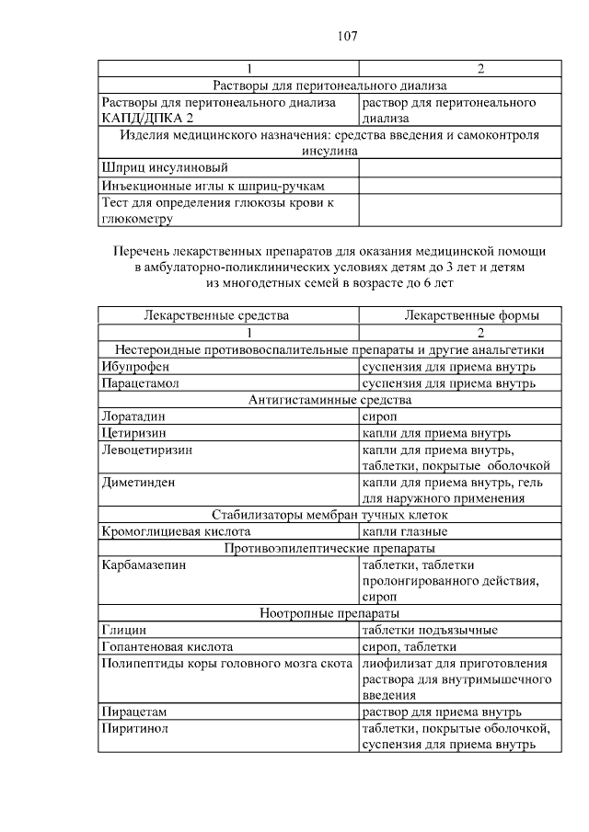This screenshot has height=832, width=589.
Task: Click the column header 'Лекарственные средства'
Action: [216, 315]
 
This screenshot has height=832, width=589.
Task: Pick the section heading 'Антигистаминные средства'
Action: [330, 399]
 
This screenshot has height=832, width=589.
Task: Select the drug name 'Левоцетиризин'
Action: [147, 450]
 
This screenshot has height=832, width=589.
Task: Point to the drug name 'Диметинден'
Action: [139, 482]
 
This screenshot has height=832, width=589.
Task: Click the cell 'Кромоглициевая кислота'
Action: [176, 531]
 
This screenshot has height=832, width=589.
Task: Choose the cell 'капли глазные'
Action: [405, 531]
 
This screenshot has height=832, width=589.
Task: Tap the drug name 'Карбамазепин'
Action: [144, 564]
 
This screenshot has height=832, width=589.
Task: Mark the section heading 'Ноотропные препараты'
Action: [330, 613]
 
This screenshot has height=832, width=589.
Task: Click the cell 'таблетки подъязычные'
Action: [431, 630]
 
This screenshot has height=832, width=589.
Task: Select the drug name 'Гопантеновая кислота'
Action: [167, 646]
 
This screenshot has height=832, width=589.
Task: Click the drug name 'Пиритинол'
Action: [135, 728]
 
